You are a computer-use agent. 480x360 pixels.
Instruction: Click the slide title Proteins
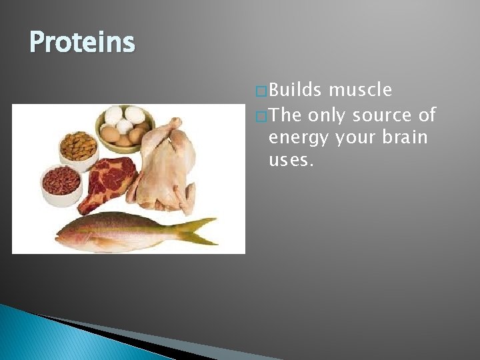82,43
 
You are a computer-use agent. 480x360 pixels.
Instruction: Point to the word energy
293,139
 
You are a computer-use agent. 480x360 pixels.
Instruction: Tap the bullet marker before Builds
261,91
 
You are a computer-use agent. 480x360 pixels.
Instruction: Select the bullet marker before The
261,115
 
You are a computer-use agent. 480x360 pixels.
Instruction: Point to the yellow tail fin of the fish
200,230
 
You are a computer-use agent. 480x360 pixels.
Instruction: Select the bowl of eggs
125,127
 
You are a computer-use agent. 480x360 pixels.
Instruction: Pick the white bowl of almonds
79,146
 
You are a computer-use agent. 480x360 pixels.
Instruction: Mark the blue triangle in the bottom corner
40,337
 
